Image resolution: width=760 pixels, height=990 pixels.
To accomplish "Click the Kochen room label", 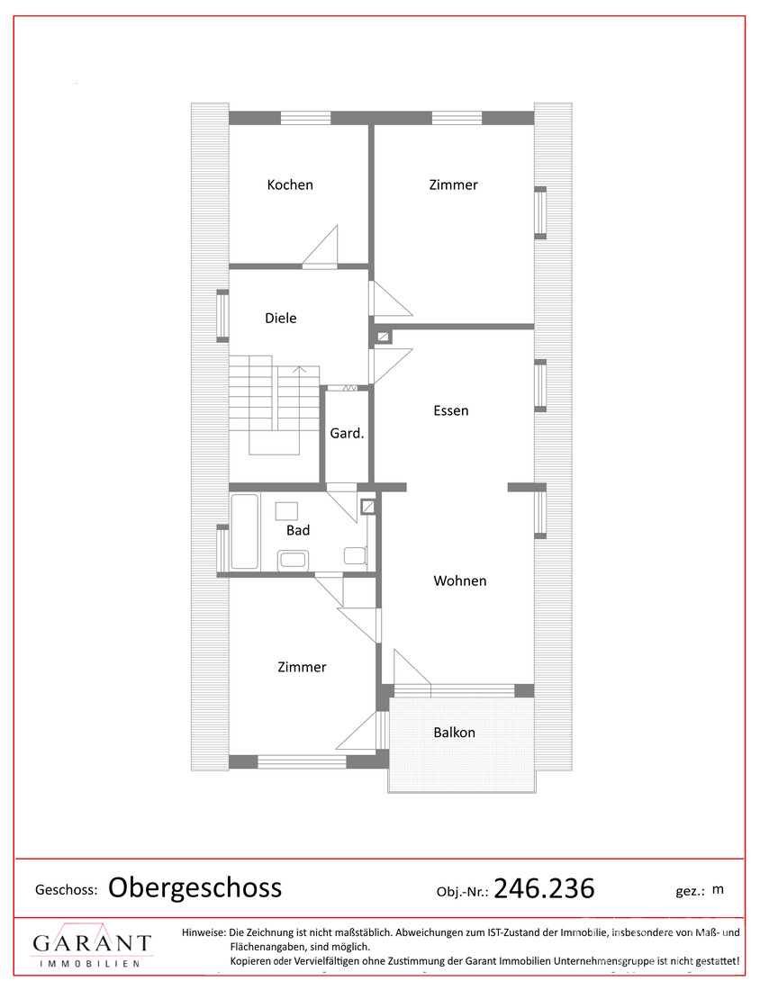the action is coord(290,185).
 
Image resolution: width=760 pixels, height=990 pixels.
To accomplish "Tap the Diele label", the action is coord(281,319).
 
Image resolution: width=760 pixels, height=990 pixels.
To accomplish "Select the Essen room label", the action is coord(451,411).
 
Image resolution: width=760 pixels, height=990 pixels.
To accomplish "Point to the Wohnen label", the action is coord(460,580).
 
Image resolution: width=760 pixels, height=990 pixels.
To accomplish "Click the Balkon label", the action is coord(454,733).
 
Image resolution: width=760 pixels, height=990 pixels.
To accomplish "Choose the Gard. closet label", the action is coord(347,433).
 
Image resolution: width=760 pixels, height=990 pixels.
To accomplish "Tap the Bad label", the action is coord(298,530).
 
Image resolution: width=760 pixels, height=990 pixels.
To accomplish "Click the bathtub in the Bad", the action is coord(245,532).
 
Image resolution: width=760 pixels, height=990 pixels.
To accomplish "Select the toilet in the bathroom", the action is coord(355,555).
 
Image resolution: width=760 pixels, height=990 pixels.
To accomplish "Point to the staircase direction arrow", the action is coord(300,370).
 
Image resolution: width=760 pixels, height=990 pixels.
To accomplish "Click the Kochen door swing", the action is coord(321,246).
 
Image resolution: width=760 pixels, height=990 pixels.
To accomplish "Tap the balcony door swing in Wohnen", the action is coord(412,667).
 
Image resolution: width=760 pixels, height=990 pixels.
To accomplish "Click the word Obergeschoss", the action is coord(195,888).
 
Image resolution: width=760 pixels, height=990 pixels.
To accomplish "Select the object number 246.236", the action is coord(544,888).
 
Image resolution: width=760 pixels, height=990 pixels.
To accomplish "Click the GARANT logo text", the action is coord(92,943).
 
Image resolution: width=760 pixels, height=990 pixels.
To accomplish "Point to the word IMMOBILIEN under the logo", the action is coord(90,964).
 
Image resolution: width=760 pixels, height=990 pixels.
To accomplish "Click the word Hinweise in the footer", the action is coord(204,932).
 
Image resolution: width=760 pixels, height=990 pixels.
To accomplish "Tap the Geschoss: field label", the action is coord(67,890).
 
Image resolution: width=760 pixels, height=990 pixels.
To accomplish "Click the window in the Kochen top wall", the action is coord(306,118).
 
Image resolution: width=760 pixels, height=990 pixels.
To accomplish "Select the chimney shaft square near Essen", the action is coord(383,337).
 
